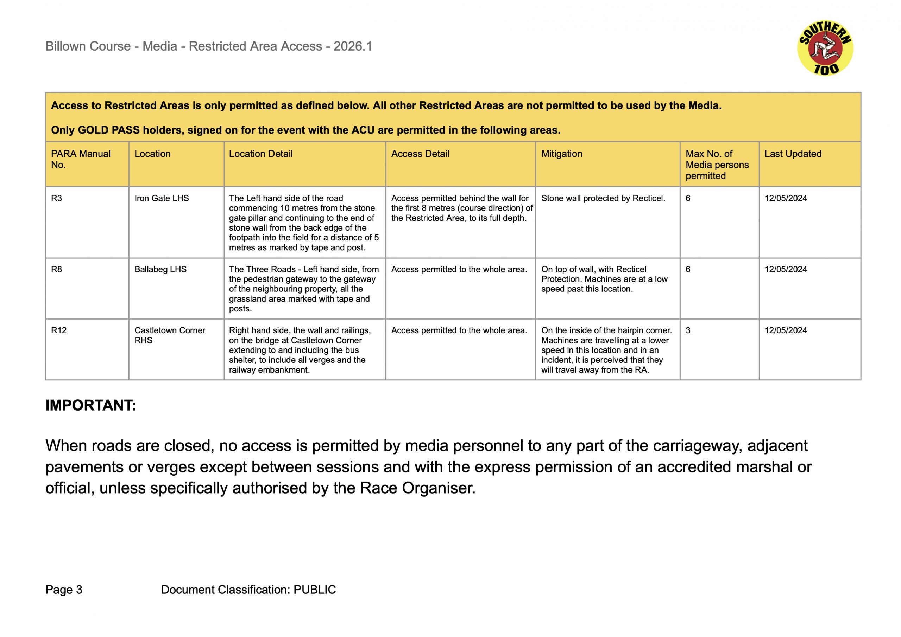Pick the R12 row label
(59, 330)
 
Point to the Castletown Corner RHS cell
(170, 335)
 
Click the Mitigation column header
(561, 154)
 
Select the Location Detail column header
(261, 154)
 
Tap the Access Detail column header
(420, 154)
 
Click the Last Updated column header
(793, 154)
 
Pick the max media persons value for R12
(688, 330)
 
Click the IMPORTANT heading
(91, 405)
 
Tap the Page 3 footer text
(64, 590)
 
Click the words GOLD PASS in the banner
(109, 130)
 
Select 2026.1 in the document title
(353, 46)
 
